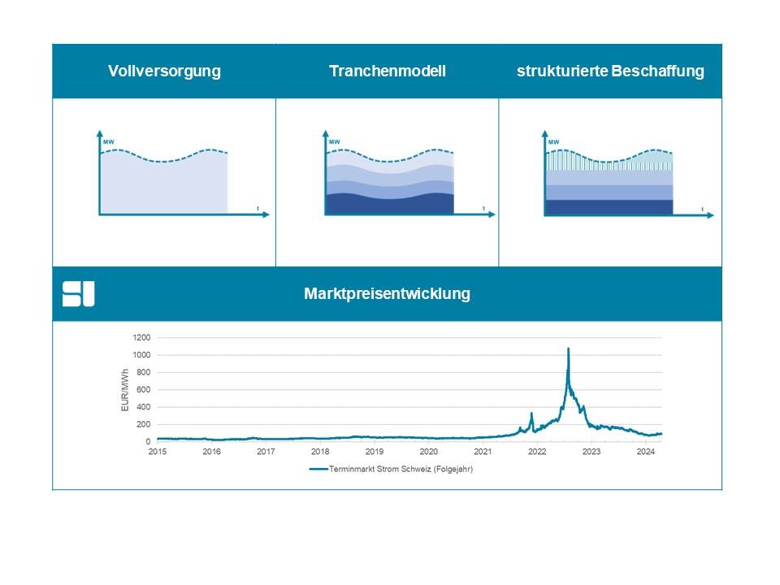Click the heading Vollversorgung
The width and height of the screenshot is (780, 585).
[x=164, y=71]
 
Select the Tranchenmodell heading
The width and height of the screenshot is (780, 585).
[x=388, y=71]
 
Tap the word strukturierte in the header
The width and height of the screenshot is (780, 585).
[x=562, y=71]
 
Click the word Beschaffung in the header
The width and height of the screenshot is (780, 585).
[x=657, y=71]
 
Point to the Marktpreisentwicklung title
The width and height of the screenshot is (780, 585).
[x=387, y=293]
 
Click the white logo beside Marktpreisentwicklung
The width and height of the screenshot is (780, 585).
[x=78, y=294]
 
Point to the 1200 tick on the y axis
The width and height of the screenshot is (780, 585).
[x=141, y=338]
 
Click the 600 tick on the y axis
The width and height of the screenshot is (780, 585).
[x=143, y=389]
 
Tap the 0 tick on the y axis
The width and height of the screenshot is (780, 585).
[x=148, y=442]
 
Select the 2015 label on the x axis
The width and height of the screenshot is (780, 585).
[x=157, y=452]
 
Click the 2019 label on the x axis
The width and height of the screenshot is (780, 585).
[x=374, y=452]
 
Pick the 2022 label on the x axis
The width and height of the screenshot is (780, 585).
[x=537, y=452]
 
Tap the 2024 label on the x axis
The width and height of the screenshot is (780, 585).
[x=645, y=452]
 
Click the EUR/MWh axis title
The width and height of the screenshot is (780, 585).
[x=125, y=390]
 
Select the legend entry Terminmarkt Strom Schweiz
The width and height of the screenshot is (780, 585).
[x=391, y=469]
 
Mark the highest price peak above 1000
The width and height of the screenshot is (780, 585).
[x=568, y=349]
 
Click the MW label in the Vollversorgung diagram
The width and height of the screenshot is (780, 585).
[x=108, y=142]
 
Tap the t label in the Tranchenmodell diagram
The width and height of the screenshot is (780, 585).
[x=484, y=209]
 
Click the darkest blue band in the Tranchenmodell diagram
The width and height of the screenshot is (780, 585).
[x=389, y=204]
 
